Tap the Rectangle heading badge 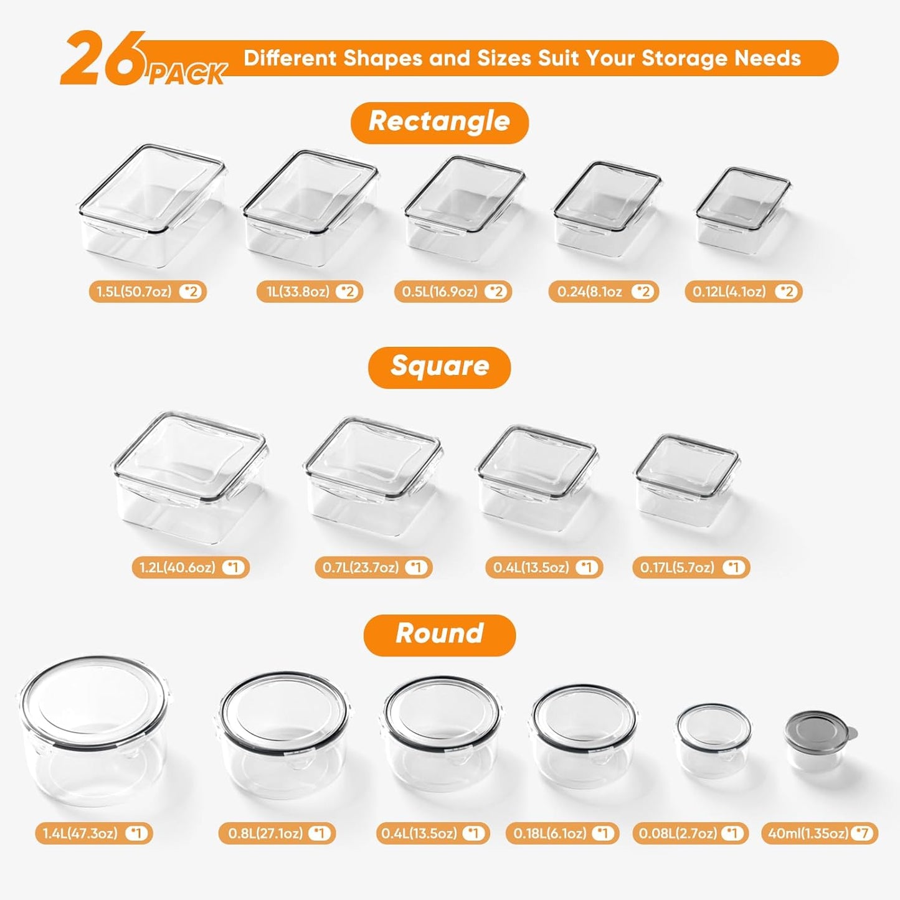coord(439,122)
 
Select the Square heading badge coord(439,367)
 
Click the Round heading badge coord(439,634)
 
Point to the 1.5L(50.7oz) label coord(147,291)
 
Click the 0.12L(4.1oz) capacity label coord(743,291)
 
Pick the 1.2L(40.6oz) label coord(190,567)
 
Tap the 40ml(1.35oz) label coord(819,833)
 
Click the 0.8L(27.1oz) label coord(277,833)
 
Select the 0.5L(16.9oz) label coord(453,291)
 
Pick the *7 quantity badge coord(863,833)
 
